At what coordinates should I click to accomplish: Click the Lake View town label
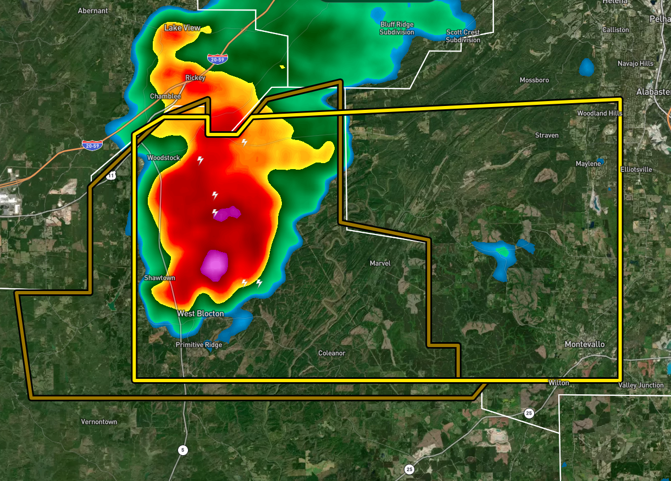pyautogui.click(x=182, y=28)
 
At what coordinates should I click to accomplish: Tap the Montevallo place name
pyautogui.click(x=585, y=344)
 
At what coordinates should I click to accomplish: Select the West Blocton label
pyautogui.click(x=201, y=314)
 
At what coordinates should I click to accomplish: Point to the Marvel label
pyautogui.click(x=380, y=264)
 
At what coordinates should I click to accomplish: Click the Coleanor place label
pyautogui.click(x=332, y=353)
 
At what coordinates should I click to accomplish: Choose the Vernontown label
pyautogui.click(x=99, y=422)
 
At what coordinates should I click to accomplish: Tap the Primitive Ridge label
pyautogui.click(x=199, y=345)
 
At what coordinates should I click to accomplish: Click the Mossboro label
pyautogui.click(x=534, y=80)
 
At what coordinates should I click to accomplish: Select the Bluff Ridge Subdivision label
pyautogui.click(x=397, y=29)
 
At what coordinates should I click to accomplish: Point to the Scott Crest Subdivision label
pyautogui.click(x=463, y=36)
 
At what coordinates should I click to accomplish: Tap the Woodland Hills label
pyautogui.click(x=600, y=113)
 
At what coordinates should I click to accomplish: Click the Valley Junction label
pyautogui.click(x=641, y=385)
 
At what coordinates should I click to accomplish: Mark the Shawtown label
pyautogui.click(x=159, y=278)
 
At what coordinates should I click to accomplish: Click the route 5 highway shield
pyautogui.click(x=182, y=450)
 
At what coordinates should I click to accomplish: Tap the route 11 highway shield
pyautogui.click(x=112, y=176)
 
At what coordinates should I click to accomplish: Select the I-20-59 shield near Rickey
pyautogui.click(x=218, y=58)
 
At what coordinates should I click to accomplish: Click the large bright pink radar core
pyautogui.click(x=214, y=265)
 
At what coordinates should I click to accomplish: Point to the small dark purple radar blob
pyautogui.click(x=228, y=213)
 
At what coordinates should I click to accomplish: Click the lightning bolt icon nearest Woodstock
pyautogui.click(x=201, y=160)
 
